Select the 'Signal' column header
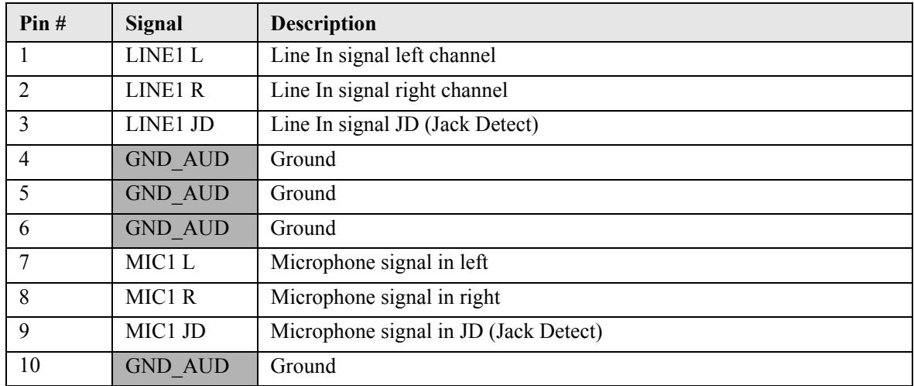point(154,24)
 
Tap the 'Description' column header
point(323,24)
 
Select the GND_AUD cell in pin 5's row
point(185,196)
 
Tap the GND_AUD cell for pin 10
point(185,368)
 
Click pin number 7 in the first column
point(25,263)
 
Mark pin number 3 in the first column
point(25,125)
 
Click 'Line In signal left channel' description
point(383,56)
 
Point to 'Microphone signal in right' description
point(385,298)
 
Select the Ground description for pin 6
point(303,229)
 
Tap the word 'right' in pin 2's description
point(419,91)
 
